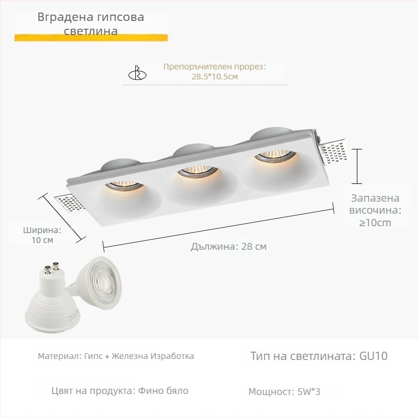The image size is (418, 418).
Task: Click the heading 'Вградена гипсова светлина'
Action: click(91, 24)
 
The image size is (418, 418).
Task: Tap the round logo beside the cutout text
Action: click(137, 74)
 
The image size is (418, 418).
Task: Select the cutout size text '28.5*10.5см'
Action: click(215, 77)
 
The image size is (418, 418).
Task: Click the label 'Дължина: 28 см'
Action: click(228, 247)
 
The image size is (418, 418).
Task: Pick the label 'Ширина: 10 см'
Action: click(42, 235)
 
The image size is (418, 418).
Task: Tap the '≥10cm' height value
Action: click(375, 223)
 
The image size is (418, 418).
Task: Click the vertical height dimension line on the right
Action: click(356, 166)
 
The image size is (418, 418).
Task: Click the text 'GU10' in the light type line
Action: click(374, 356)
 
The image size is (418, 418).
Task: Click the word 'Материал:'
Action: click(59, 356)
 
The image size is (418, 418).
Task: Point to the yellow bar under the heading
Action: click(91, 38)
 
